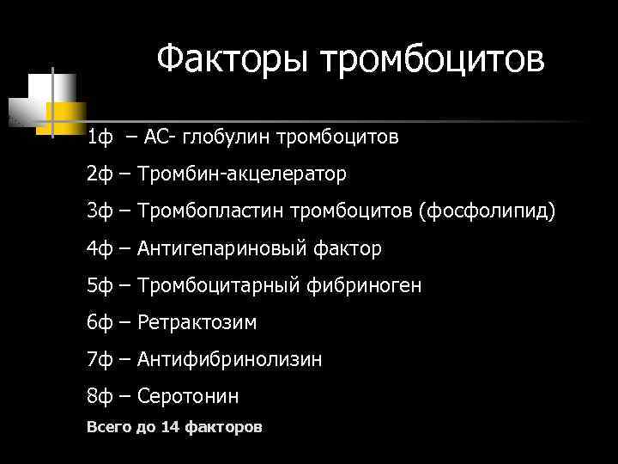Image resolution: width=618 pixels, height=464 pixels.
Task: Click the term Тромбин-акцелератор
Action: click(x=242, y=174)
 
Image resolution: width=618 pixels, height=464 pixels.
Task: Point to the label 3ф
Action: click(x=100, y=211)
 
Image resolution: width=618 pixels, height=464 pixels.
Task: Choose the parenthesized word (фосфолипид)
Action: click(x=487, y=211)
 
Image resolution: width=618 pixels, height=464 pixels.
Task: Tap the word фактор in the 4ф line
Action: click(x=348, y=249)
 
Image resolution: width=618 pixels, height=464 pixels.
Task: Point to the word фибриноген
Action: click(x=365, y=286)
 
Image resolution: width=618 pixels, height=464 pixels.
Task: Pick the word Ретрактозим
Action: click(x=197, y=323)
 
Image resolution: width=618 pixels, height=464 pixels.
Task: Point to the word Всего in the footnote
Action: click(x=107, y=427)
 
